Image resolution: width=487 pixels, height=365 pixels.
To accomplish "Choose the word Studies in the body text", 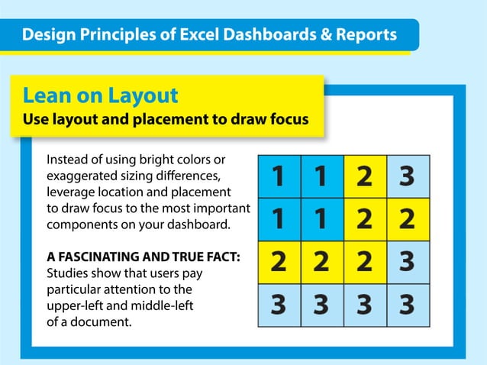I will point(67,273).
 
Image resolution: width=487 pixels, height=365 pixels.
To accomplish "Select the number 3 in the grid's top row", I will point(407,177).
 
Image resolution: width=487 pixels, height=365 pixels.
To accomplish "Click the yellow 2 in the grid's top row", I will point(365,177).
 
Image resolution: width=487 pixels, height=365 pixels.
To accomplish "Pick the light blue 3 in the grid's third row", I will point(407,263).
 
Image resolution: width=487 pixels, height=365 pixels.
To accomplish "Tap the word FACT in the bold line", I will point(221,257).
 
